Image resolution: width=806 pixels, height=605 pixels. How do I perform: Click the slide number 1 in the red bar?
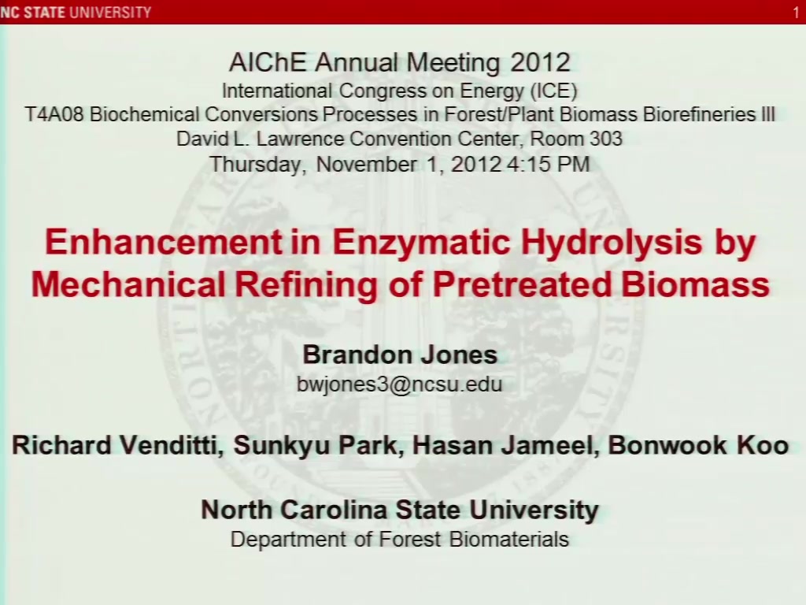[x=796, y=13]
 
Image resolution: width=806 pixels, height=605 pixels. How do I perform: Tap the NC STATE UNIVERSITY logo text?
[x=76, y=12]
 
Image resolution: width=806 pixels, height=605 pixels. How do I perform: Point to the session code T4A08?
[x=54, y=114]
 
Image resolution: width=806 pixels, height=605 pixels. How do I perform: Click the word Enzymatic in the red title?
[x=421, y=241]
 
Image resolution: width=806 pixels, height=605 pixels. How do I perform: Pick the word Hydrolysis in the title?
[x=611, y=241]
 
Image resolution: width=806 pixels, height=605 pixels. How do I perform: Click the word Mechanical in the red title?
[x=128, y=284]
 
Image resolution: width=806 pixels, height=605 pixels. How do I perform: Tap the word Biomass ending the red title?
[x=695, y=284]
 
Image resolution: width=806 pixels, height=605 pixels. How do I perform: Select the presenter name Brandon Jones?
[x=400, y=355]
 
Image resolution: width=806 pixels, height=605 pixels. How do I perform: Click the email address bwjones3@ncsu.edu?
[x=399, y=384]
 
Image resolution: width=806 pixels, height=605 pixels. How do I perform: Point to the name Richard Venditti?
[x=117, y=446]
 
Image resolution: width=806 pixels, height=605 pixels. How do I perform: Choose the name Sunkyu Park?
[x=316, y=447]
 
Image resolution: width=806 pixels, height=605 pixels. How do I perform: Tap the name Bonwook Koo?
[x=698, y=446]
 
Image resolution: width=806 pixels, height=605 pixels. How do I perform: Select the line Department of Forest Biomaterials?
[x=399, y=540]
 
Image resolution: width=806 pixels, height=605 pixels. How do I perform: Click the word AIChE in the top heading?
[x=268, y=62]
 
